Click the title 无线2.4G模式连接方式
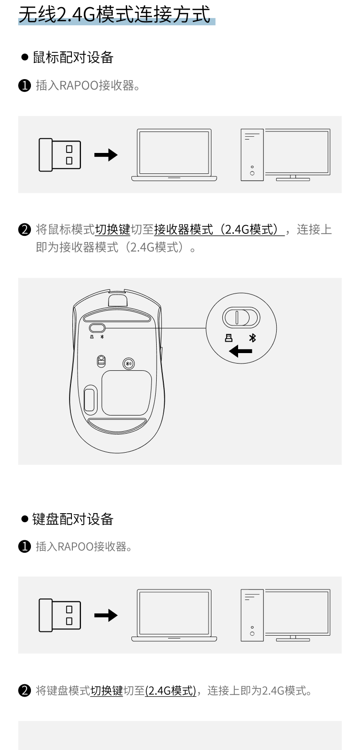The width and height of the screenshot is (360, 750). (114, 14)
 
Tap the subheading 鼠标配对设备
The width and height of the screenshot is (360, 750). (73, 57)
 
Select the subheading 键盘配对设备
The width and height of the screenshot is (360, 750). (73, 519)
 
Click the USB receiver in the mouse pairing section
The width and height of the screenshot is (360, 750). (60, 155)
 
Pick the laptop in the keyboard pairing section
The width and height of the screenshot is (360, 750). (174, 616)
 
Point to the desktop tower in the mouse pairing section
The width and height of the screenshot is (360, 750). (252, 155)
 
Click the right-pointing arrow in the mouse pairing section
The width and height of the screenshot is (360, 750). (106, 155)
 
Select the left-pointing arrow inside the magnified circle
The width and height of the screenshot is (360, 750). (240, 351)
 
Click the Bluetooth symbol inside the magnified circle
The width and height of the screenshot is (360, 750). (252, 338)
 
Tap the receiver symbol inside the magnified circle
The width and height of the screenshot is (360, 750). (229, 338)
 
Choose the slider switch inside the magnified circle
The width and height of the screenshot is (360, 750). (241, 317)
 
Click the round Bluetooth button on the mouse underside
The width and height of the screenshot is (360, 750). (129, 364)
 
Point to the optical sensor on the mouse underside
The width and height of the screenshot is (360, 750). (101, 361)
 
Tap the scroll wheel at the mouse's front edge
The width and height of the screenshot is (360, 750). (118, 300)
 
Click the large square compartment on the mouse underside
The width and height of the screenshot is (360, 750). (127, 393)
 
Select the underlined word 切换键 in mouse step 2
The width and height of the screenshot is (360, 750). (113, 230)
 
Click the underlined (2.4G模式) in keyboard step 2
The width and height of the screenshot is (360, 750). (170, 690)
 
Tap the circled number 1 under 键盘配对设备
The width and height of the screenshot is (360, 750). (24, 547)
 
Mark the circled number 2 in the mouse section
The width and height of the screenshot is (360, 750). (24, 230)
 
